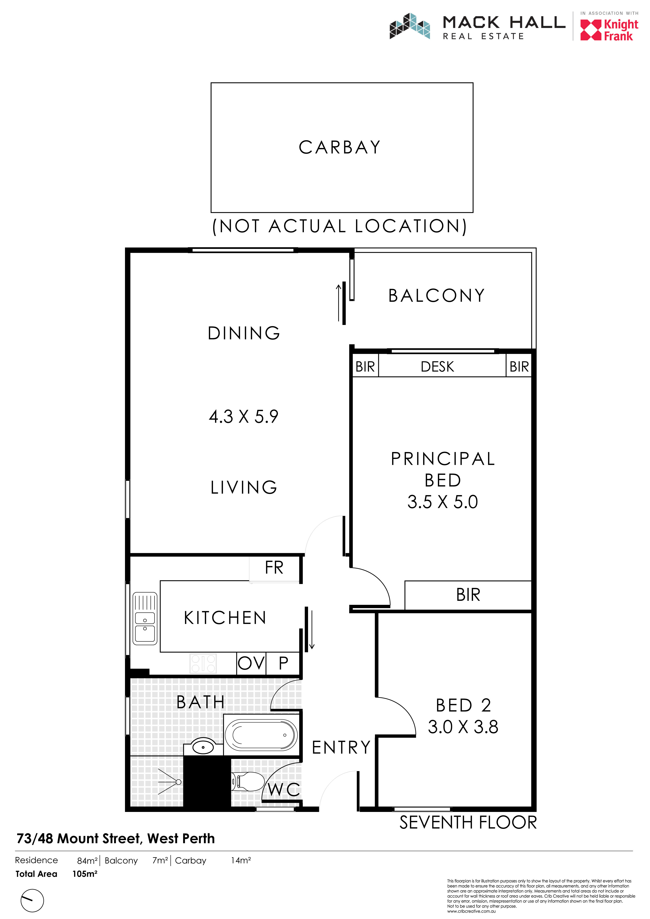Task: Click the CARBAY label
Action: pos(340,147)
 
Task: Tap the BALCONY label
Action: pos(437,296)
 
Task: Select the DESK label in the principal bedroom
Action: pos(437,367)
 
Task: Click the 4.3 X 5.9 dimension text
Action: pos(244,416)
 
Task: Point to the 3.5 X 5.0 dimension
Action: pos(443,502)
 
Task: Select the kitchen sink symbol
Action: pos(145,618)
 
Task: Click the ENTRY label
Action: pos(341,747)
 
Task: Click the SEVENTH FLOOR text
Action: pos(468,822)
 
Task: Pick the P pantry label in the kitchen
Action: pos(283,663)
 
